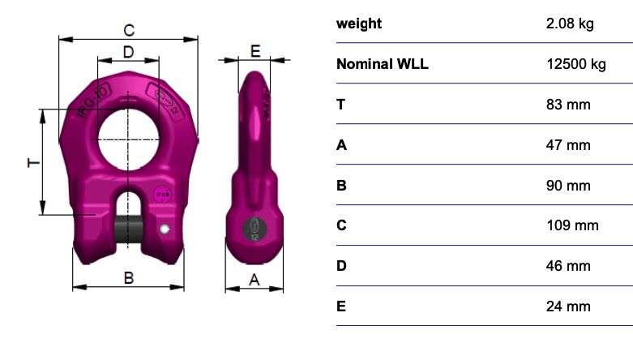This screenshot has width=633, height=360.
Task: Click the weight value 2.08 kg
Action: click(x=570, y=24)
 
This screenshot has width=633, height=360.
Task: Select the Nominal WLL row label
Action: click(x=382, y=64)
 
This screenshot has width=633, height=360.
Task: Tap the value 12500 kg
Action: click(x=576, y=64)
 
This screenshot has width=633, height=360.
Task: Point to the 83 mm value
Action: click(x=568, y=105)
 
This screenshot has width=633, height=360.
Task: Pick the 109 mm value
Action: click(x=572, y=225)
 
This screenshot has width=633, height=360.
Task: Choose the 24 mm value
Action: click(x=568, y=306)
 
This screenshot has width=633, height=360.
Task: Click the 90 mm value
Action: click(x=568, y=186)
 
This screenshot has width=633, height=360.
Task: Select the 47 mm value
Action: click(x=568, y=145)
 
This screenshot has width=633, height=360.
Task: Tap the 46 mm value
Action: click(x=568, y=266)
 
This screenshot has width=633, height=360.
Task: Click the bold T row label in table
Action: click(x=341, y=105)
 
